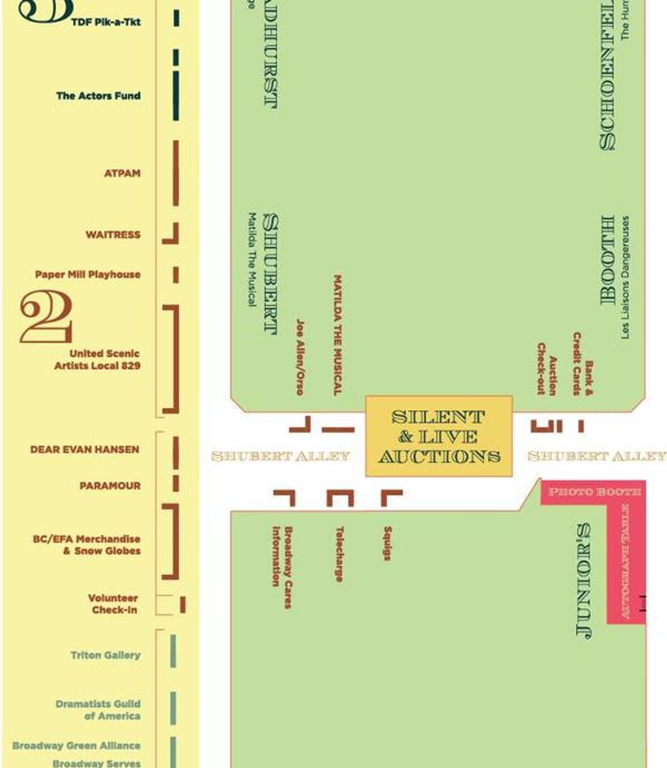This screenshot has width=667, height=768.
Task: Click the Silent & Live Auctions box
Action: pos(439,436)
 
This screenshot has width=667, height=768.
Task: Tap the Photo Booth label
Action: pos(594,492)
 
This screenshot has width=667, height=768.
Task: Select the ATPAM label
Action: pos(122,173)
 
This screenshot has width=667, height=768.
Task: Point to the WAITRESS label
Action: pos(113,235)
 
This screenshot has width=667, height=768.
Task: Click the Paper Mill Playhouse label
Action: pos(88,274)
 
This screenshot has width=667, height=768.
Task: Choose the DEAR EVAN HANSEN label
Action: pos(85,450)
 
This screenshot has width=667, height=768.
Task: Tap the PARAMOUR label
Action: pos(110,486)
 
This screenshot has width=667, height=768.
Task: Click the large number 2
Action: pos(46,317)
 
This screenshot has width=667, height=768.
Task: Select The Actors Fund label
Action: pos(98,96)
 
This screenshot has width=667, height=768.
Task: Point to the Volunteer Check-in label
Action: pos(113,604)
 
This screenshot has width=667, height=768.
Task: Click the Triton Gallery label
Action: pos(105,655)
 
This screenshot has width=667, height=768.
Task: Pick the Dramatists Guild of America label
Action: pos(98,710)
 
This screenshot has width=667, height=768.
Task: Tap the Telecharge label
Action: pos(339,554)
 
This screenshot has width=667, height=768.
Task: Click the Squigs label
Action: pos(388,543)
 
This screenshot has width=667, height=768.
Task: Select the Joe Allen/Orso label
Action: pos(300,357)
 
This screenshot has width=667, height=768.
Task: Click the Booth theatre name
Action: pos(607,260)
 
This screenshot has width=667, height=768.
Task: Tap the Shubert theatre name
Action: pos(271,274)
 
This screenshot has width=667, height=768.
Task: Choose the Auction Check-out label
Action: pos(546,369)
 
